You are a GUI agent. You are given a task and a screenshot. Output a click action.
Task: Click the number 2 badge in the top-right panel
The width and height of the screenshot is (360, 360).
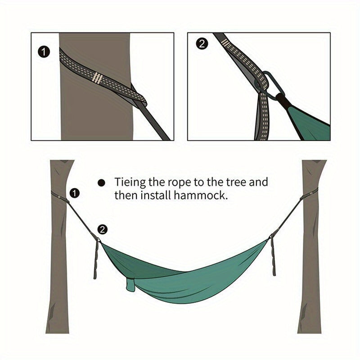(x=202, y=44)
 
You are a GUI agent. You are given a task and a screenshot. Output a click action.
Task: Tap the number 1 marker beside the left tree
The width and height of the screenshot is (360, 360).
(x=75, y=193)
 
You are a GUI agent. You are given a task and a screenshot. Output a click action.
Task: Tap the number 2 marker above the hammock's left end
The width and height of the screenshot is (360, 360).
(x=103, y=229)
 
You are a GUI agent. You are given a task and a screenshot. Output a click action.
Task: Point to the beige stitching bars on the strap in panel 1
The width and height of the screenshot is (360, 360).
(x=96, y=77)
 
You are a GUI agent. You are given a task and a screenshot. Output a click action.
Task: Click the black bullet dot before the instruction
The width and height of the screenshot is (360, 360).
(x=102, y=183)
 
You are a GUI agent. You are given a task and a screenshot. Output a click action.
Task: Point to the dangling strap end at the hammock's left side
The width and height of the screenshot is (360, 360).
(x=96, y=261)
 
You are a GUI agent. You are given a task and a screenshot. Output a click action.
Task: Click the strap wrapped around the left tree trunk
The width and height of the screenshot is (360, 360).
(x=57, y=195)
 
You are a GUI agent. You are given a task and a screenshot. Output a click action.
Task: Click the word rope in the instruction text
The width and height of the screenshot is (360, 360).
(x=180, y=182)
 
